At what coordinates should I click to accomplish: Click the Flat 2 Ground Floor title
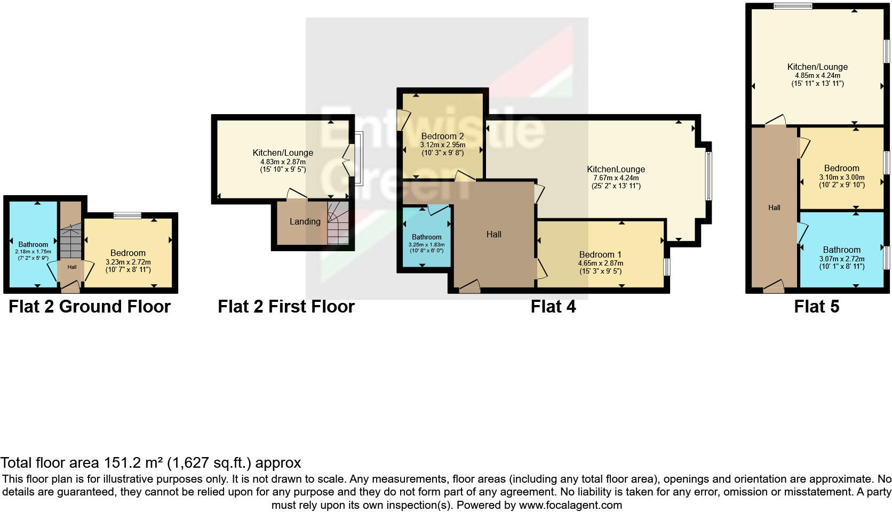point(90,307)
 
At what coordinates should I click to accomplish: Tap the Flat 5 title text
point(816,307)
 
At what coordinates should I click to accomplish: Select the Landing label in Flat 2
point(305,221)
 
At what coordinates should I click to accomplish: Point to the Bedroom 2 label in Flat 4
point(442,136)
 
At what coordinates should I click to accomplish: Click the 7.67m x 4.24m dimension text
point(616,178)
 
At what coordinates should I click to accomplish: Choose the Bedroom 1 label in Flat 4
point(600,254)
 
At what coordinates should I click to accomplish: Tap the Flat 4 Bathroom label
point(426,237)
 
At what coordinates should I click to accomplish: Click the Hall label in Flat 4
point(493,234)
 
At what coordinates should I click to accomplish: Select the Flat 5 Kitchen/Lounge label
point(817,67)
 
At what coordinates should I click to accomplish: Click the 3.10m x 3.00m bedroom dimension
point(841,177)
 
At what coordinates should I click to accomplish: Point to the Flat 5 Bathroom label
point(841,250)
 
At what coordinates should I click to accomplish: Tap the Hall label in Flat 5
point(774,207)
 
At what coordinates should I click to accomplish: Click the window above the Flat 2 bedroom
point(128,215)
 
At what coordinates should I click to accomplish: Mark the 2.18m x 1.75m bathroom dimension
point(33,251)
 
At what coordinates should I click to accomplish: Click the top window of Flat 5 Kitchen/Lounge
point(793,6)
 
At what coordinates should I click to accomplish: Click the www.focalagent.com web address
point(570,505)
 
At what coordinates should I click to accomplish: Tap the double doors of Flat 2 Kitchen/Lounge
point(347,158)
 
